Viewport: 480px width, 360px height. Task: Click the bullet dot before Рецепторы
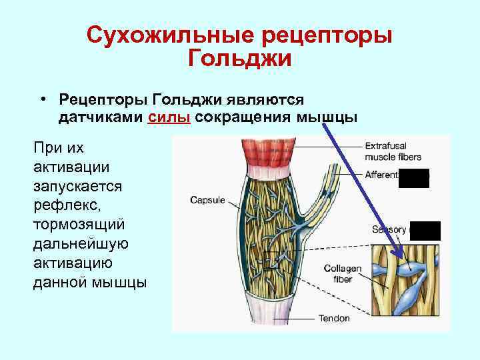(x=42, y=99)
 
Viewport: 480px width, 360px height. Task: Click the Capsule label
(x=207, y=199)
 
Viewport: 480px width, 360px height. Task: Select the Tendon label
(x=334, y=318)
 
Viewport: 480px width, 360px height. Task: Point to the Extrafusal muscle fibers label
(x=394, y=151)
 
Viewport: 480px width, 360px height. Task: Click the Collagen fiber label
(x=343, y=274)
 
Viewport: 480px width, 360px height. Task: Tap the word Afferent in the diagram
(x=381, y=175)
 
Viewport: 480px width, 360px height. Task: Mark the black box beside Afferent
(x=413, y=178)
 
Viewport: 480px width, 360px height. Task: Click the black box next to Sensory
(x=425, y=230)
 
